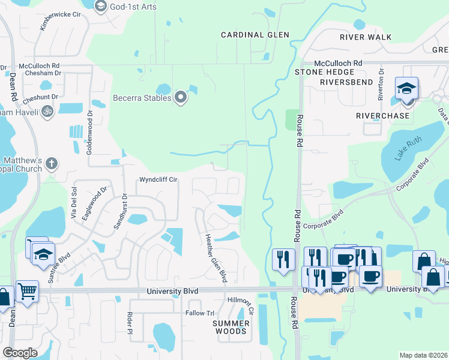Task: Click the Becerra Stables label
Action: (x=143, y=98)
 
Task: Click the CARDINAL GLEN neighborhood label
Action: (x=255, y=35)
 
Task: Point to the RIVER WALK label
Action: (x=366, y=37)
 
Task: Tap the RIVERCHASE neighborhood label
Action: (x=383, y=115)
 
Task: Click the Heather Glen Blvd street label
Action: (x=215, y=258)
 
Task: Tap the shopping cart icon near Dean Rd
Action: (x=28, y=292)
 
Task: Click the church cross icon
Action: (x=52, y=163)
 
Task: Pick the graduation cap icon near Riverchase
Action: (x=406, y=88)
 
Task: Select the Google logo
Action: (x=20, y=353)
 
